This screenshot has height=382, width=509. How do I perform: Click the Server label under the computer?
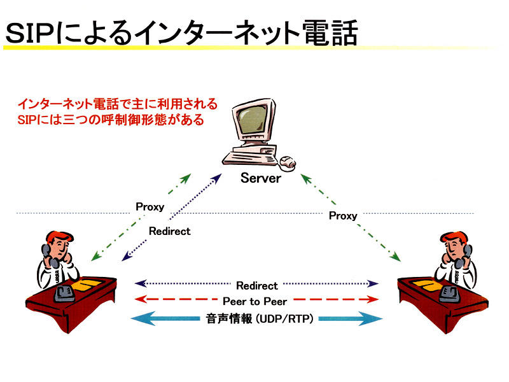(261, 178)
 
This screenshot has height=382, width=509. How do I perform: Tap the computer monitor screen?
(253, 119)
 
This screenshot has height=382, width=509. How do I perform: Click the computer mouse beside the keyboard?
(288, 162)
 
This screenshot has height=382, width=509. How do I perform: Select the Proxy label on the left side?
(150, 207)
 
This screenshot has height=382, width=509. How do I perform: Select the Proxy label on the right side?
(343, 216)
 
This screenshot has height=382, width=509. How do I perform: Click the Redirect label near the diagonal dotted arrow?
(170, 231)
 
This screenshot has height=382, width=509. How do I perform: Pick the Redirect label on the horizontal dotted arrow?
(257, 286)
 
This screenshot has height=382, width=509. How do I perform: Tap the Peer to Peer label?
(255, 301)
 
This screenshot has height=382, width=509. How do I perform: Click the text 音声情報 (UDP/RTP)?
(260, 319)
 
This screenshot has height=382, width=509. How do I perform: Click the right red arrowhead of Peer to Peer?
(373, 299)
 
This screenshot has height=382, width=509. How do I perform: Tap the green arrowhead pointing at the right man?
(396, 257)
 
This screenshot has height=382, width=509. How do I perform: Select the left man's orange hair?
(59, 237)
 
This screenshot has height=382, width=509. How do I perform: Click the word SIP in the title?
(31, 34)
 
